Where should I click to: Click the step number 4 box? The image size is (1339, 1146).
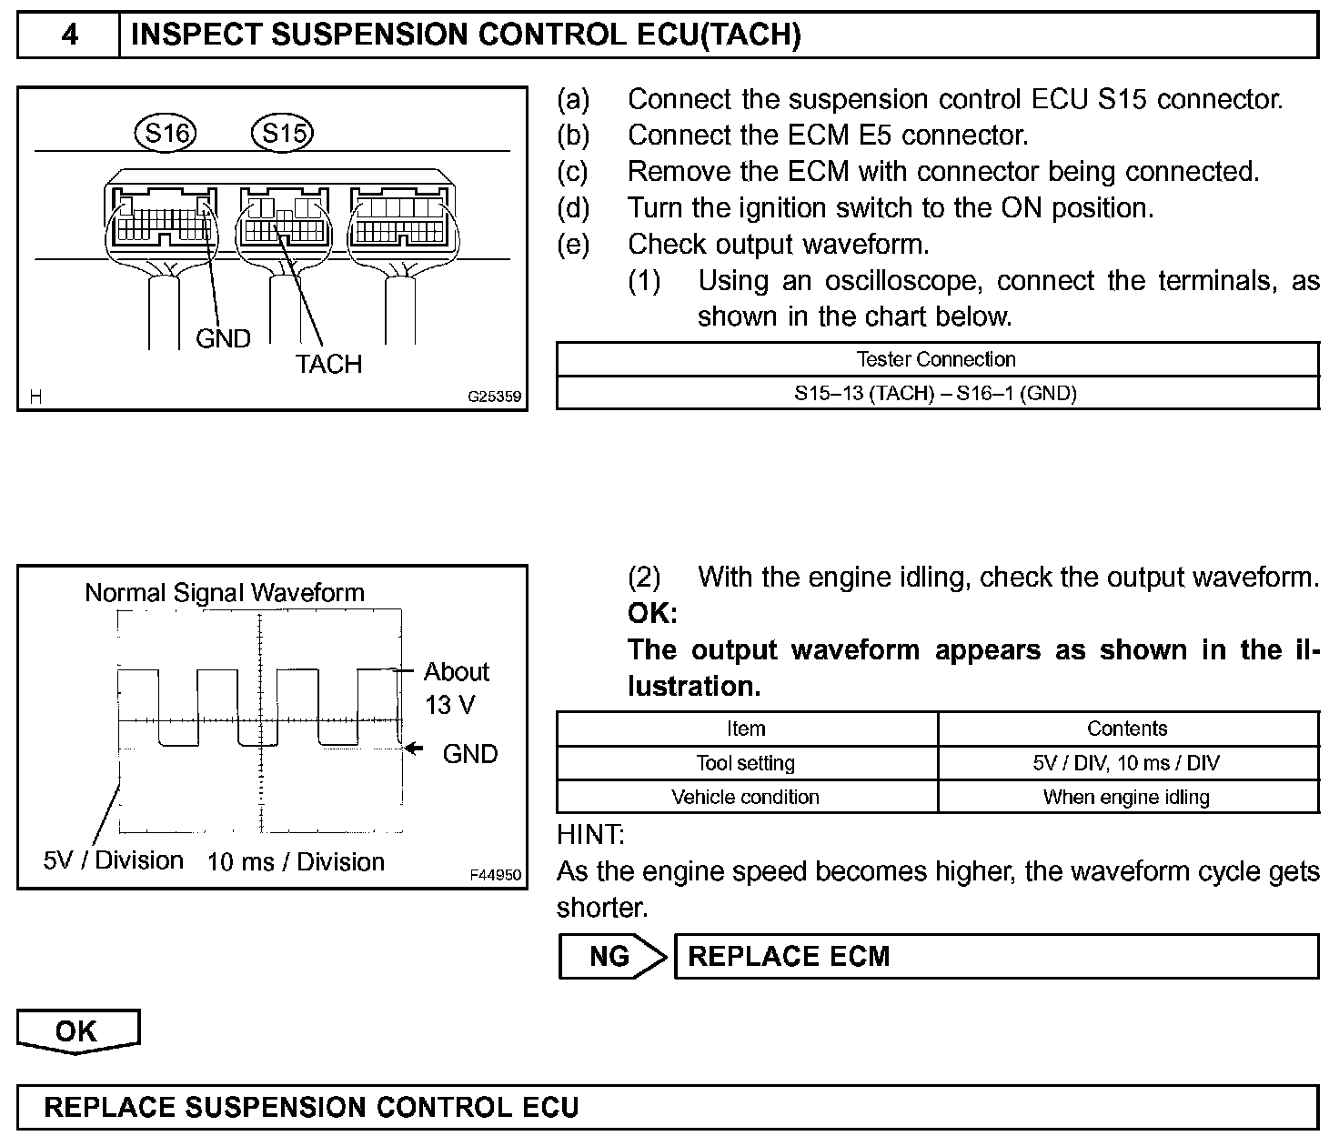click(x=69, y=35)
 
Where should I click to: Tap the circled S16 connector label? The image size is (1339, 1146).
click(x=166, y=134)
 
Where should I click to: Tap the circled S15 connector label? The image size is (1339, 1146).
click(x=282, y=134)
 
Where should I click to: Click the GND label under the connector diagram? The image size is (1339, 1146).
click(x=223, y=338)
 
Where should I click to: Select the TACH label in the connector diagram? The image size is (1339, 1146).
click(x=328, y=364)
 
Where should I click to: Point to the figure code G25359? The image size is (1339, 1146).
click(x=494, y=397)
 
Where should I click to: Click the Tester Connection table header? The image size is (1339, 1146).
click(x=936, y=359)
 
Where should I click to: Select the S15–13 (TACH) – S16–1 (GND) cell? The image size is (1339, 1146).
click(x=936, y=393)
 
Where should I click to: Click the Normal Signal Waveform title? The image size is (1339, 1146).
click(x=225, y=593)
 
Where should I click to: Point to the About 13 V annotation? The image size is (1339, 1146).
click(x=455, y=688)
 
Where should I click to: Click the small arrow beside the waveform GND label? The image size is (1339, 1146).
click(x=415, y=749)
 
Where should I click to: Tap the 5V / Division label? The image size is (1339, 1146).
click(x=114, y=860)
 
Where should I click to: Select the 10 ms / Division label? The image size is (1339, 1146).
click(x=296, y=862)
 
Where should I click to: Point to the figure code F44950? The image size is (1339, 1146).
click(x=496, y=875)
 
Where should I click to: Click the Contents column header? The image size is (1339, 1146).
click(x=1127, y=729)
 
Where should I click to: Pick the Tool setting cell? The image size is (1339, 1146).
click(x=746, y=763)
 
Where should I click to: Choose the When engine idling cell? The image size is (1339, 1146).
click(x=1127, y=798)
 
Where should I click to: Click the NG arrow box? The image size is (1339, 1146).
click(x=611, y=956)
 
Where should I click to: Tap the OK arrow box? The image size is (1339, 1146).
click(x=77, y=1031)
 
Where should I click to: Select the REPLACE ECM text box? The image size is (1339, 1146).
click(x=995, y=956)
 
